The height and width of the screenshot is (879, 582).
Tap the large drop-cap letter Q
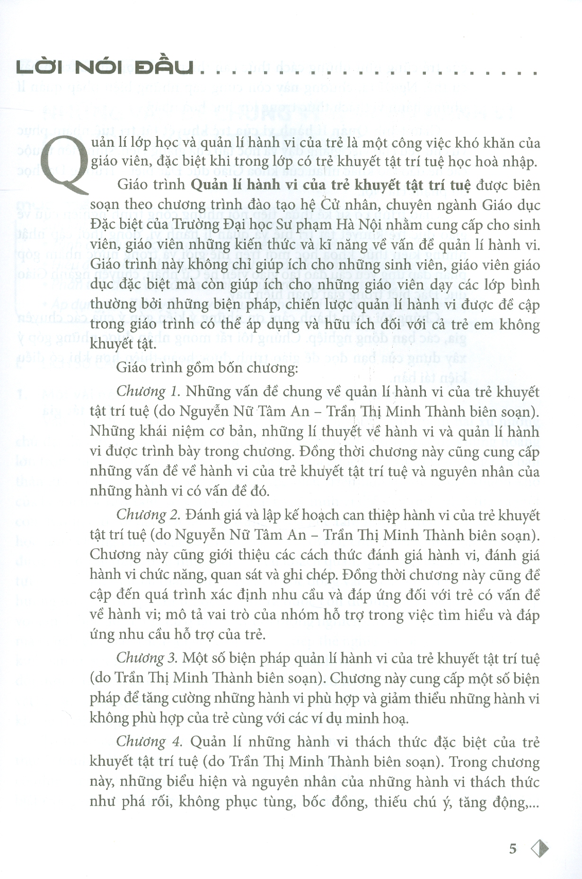point(66,163)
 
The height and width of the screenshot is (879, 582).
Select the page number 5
point(512,849)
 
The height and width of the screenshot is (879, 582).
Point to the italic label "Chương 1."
point(148,392)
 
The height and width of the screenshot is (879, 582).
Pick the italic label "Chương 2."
point(148,515)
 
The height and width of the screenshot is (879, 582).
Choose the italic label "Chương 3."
point(147,658)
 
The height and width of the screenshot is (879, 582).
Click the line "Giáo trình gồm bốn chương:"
point(207,368)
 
